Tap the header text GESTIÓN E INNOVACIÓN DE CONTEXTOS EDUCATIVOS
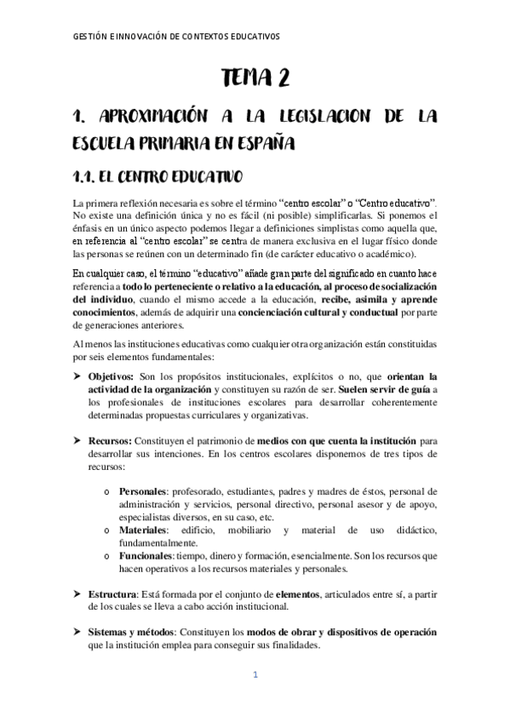[176, 37]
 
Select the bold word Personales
[143, 491]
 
